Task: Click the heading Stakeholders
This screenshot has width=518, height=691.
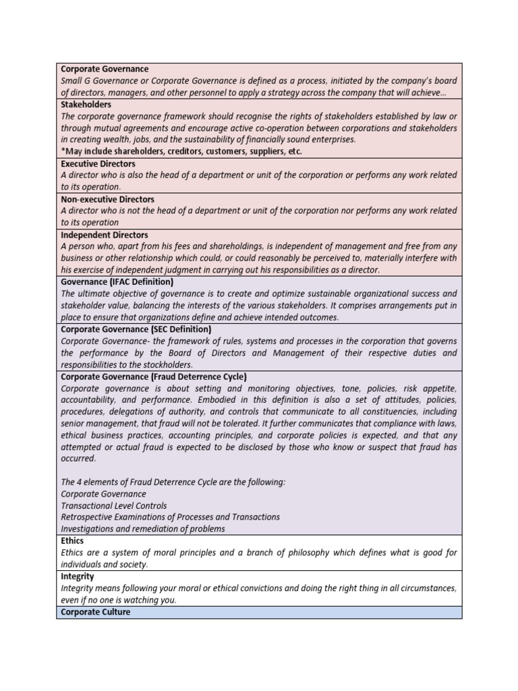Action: [x=86, y=105]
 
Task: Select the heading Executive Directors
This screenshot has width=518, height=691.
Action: [x=98, y=164]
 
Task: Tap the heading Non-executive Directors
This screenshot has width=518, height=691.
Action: [x=107, y=200]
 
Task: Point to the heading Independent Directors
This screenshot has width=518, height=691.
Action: [x=105, y=235]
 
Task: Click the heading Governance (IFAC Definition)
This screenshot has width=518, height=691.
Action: [x=117, y=282]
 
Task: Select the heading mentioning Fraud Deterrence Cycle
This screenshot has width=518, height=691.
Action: [x=154, y=377]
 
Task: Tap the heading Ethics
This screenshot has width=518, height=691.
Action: [x=72, y=541]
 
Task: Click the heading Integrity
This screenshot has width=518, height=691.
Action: [x=78, y=577]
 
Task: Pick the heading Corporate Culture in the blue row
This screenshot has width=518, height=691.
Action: [x=95, y=613]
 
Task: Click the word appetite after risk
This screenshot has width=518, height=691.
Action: [x=440, y=389]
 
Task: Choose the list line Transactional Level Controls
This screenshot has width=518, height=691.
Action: [x=114, y=505]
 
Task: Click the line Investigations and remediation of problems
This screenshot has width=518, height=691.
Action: [x=143, y=529]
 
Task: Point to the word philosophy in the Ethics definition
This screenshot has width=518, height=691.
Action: [x=286, y=553]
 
